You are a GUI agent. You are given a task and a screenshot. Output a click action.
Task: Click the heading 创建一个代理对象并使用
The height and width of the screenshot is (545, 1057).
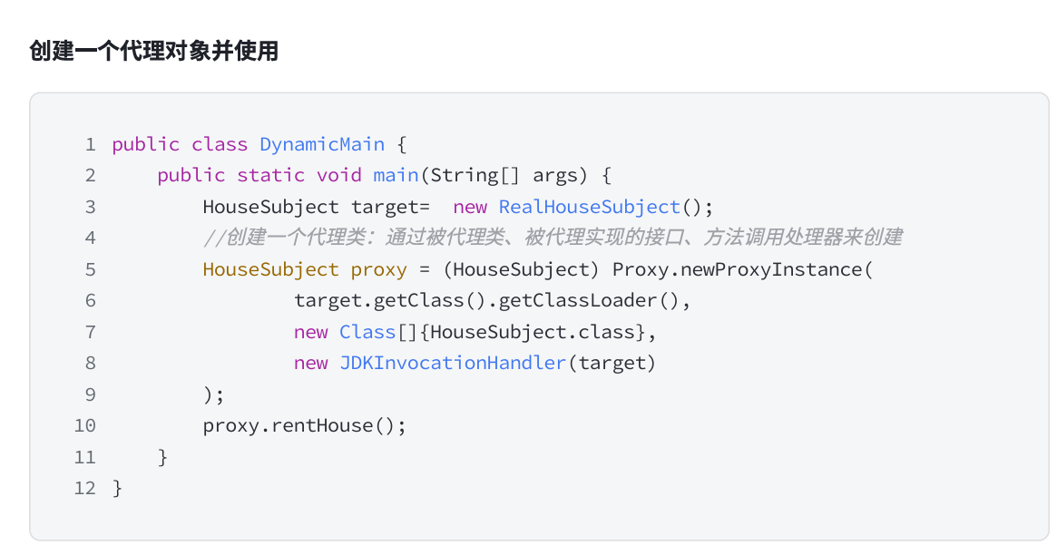tap(153, 52)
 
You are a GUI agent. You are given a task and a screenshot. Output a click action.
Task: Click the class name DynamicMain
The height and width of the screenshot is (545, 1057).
tap(322, 144)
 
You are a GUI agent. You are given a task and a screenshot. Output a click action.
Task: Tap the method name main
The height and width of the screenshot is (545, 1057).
tap(396, 175)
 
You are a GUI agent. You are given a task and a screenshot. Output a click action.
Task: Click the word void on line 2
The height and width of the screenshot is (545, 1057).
tap(339, 175)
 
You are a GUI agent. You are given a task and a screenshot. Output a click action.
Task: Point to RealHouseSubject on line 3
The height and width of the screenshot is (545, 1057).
tap(590, 207)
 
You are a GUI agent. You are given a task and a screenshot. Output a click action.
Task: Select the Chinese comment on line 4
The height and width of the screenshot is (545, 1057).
tap(553, 238)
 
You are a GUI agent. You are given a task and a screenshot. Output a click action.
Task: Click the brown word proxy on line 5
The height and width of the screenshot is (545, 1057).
tap(378, 269)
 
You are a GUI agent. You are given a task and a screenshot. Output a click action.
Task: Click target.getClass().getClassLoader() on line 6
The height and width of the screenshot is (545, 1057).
tap(493, 300)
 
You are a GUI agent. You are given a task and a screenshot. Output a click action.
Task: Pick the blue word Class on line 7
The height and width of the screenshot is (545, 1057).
tap(367, 332)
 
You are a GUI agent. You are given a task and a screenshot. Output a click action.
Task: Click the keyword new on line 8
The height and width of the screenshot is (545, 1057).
tap(310, 363)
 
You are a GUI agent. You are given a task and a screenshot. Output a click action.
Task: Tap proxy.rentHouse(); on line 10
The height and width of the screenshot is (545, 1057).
tap(305, 425)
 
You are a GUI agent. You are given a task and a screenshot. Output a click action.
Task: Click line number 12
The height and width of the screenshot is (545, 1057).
tap(85, 488)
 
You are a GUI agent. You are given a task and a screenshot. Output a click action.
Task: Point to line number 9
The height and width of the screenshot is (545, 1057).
tap(90, 394)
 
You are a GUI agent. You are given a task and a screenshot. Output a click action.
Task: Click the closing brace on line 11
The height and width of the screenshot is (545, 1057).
tap(163, 457)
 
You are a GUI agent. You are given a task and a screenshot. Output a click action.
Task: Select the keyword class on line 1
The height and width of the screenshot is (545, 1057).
tap(220, 144)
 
